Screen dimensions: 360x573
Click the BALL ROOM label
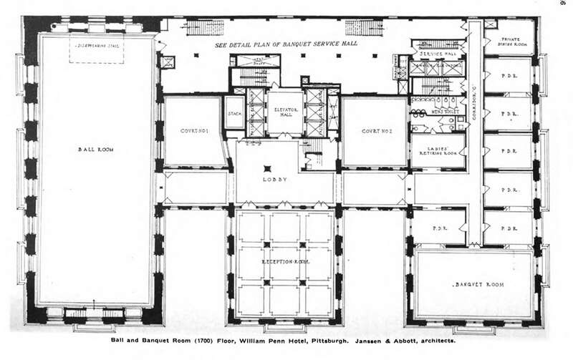(x=93, y=150)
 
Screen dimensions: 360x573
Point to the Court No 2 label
(x=374, y=132)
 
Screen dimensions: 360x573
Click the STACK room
(x=235, y=113)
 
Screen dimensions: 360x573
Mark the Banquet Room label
(x=478, y=284)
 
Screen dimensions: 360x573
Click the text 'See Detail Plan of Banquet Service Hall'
(x=286, y=44)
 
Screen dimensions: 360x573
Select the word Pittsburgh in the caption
(x=327, y=343)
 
